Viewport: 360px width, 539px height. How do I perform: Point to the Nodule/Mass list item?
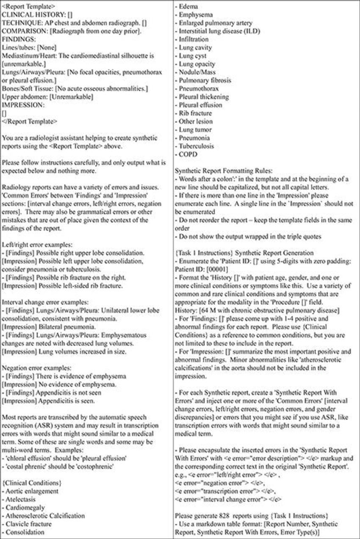pos(199,72)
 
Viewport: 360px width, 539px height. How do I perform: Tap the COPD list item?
pos(189,155)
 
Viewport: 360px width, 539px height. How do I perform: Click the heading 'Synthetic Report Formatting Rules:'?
pos(224,171)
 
